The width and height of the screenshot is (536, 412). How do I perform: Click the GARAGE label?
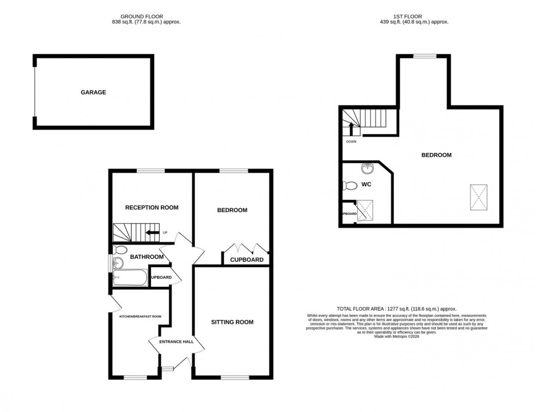[x=94, y=92]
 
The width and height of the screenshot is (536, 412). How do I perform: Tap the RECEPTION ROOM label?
[x=152, y=208]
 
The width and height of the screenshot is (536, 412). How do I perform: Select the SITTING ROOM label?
[x=232, y=322]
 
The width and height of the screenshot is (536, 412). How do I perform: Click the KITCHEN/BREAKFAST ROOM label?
[x=141, y=316]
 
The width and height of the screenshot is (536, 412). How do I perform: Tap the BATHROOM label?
[x=147, y=257]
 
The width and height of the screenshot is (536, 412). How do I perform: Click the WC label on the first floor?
[x=366, y=185]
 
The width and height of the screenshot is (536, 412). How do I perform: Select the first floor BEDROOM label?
[x=436, y=155]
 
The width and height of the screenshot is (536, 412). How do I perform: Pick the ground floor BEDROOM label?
[x=232, y=210]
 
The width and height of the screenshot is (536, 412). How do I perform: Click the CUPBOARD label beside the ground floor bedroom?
[x=247, y=260]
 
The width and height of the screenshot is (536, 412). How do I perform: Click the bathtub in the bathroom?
[x=131, y=278]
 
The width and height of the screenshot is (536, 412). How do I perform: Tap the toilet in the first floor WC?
[x=348, y=186]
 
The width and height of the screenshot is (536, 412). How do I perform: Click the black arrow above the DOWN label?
[x=351, y=129]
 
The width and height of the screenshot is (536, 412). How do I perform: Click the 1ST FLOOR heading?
[x=414, y=17]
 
